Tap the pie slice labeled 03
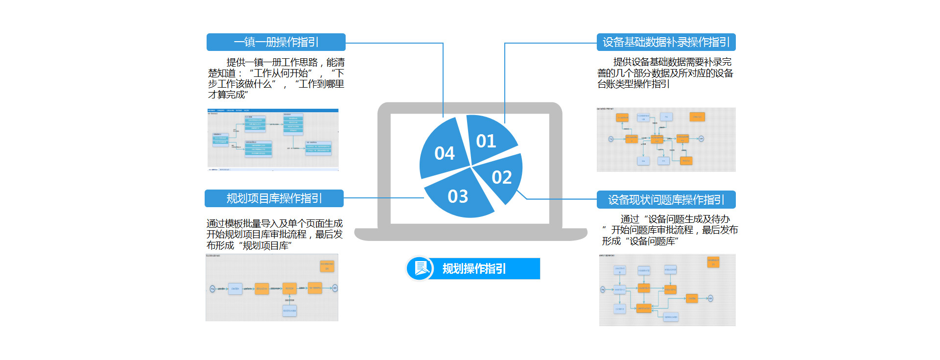pos(458,196)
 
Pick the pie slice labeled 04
pos(444,152)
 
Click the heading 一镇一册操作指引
pos(276,42)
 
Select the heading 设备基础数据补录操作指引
pos(666,42)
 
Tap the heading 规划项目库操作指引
pos(274,198)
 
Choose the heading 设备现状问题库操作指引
pos(666,199)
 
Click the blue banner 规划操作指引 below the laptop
pos(485,268)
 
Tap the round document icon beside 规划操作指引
pos(420,268)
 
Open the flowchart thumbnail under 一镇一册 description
pos(273,140)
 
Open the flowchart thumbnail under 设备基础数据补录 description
pos(666,140)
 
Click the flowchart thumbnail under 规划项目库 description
pos(272,288)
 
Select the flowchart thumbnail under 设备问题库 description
pos(667,290)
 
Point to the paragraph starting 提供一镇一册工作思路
pos(276,78)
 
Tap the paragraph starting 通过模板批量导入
pos(274,235)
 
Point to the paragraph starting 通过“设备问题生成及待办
pos(669,230)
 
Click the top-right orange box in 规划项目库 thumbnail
pos(327,266)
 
